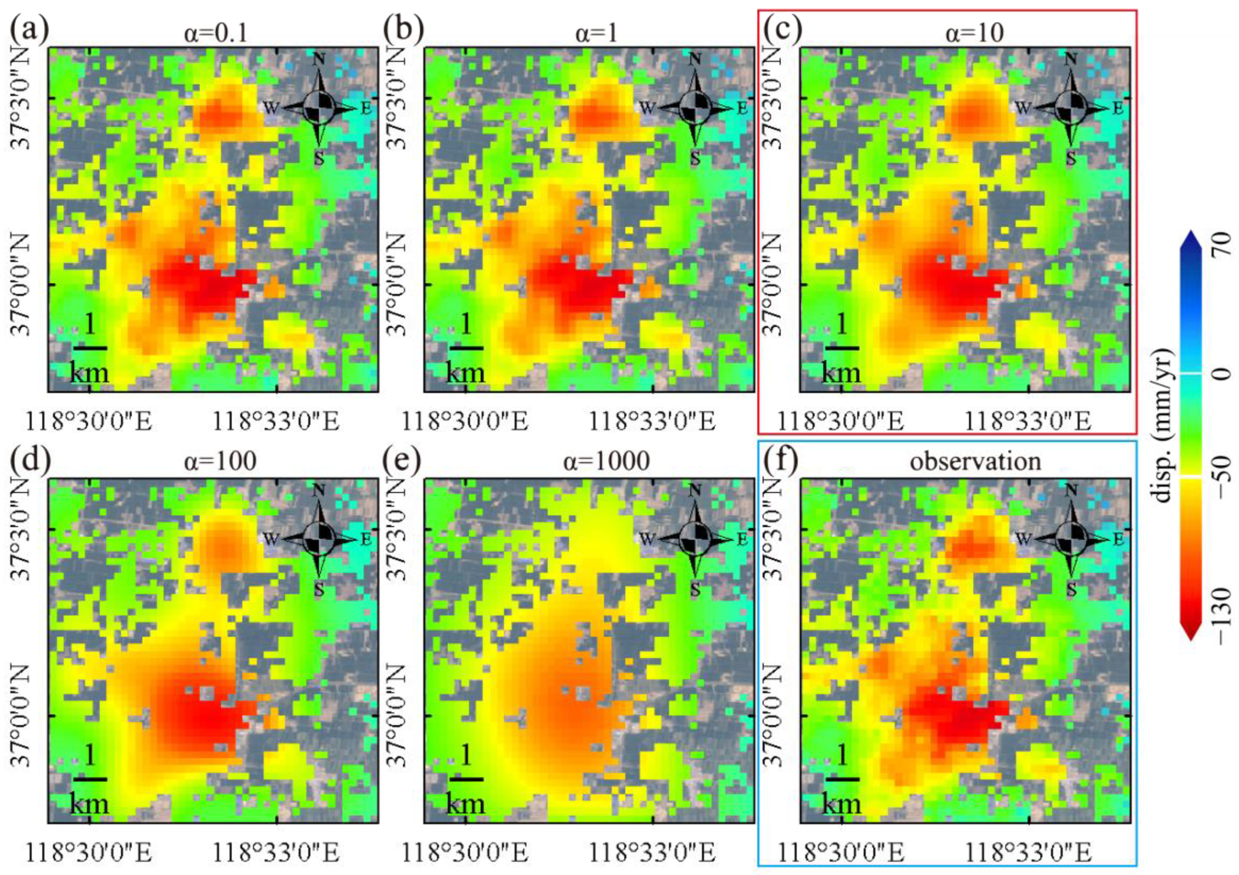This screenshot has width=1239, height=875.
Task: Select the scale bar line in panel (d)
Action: coord(90,779)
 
